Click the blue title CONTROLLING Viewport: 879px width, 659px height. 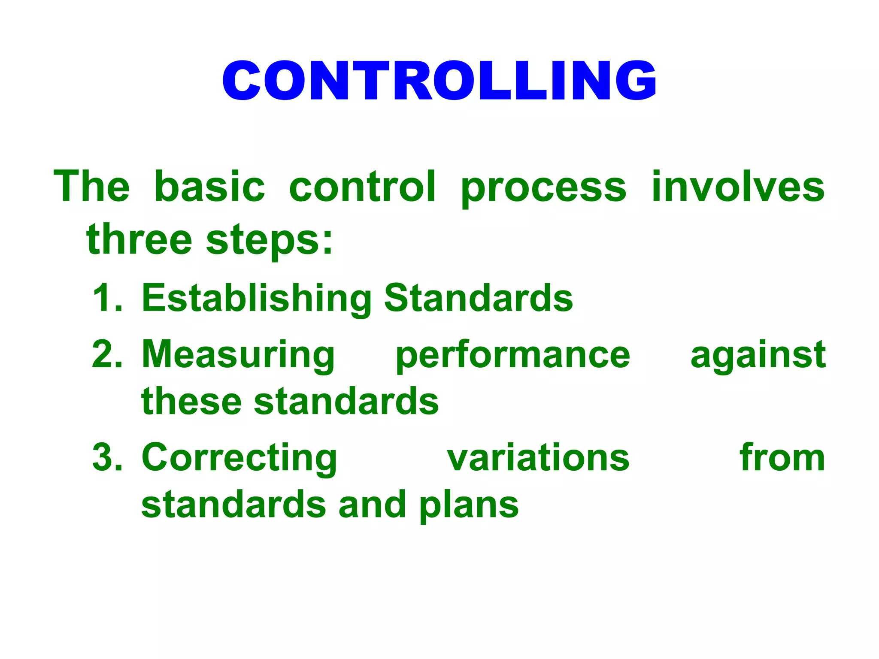tap(439, 81)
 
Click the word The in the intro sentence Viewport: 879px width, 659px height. tap(91, 186)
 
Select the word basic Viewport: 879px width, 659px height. tap(209, 186)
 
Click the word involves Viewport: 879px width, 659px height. tap(738, 186)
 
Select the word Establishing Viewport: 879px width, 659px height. tap(257, 299)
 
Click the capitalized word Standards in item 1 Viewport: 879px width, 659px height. tap(478, 298)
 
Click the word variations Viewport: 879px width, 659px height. tap(538, 457)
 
